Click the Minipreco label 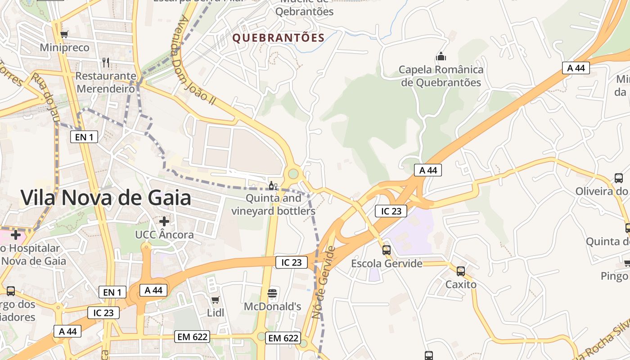tap(65, 47)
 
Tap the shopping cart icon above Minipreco tap(65, 34)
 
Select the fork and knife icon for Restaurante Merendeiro tap(106, 62)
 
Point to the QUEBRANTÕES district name tap(279, 38)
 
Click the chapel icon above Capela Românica tap(441, 57)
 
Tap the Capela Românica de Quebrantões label tap(441, 76)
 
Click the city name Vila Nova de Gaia tap(106, 198)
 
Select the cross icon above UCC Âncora tap(164, 221)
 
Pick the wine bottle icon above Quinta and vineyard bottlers tap(273, 185)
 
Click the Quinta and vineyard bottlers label tap(273, 204)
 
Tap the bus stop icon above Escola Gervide tap(387, 250)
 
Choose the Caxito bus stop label tap(461, 284)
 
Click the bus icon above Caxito tap(461, 271)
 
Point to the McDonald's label tap(272, 306)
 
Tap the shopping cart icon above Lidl tap(216, 300)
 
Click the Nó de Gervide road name tap(323, 283)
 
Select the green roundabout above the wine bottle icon tap(293, 173)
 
